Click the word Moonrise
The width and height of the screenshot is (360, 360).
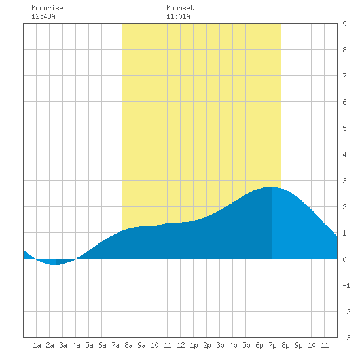pyautogui.click(x=47, y=9)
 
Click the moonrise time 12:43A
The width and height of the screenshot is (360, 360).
pyautogui.click(x=43, y=17)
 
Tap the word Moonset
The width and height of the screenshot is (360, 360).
pyautogui.click(x=180, y=9)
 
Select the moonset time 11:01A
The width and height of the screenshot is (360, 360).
pyautogui.click(x=178, y=17)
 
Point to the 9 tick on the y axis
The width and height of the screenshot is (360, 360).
pyautogui.click(x=344, y=24)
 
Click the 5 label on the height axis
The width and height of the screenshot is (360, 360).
pyautogui.click(x=344, y=128)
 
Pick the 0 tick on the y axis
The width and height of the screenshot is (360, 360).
pyautogui.click(x=344, y=259)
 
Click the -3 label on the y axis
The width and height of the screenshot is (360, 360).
pyautogui.click(x=346, y=338)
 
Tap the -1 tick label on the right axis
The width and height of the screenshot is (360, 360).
pyautogui.click(x=346, y=285)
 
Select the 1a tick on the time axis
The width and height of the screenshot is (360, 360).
pyautogui.click(x=37, y=346)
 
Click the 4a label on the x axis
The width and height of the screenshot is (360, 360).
pyautogui.click(x=76, y=346)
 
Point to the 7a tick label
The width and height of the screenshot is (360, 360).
pyautogui.click(x=115, y=346)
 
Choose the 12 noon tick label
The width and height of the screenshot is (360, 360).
pyautogui.click(x=181, y=346)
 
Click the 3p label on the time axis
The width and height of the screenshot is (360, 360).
pyautogui.click(x=220, y=346)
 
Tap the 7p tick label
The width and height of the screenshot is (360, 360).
pyautogui.click(x=272, y=346)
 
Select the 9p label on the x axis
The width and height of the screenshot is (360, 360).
pyautogui.click(x=298, y=346)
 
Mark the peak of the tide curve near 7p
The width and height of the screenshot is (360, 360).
pyautogui.click(x=272, y=187)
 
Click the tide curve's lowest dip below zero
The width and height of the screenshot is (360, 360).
pyautogui.click(x=54, y=264)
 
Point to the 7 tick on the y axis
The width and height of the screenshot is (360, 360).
pyautogui.click(x=344, y=76)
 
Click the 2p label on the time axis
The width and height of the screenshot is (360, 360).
pyautogui.click(x=207, y=346)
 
